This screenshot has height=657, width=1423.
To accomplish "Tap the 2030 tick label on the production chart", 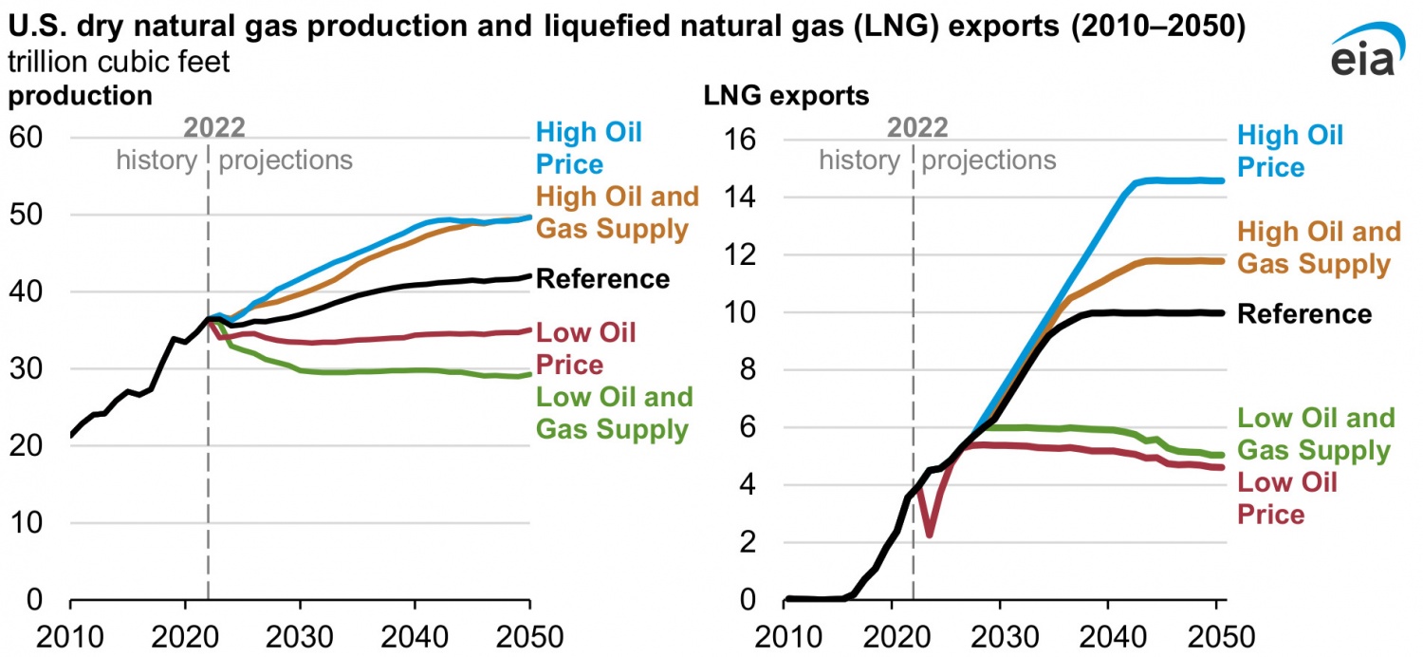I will [300, 633].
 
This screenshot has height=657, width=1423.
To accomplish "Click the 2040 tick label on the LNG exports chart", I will [1109, 633].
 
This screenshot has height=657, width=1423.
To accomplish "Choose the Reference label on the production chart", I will [602, 279].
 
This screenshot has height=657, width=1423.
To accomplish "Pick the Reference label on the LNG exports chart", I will [1304, 314].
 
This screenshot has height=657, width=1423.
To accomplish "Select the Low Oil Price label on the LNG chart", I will [1287, 497].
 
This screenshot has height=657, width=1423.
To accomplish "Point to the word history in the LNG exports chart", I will [859, 160].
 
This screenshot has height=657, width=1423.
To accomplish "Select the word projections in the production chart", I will [286, 160].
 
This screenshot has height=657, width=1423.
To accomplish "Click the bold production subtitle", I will [80, 96].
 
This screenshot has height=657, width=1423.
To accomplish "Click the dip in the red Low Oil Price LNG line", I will [930, 535].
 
